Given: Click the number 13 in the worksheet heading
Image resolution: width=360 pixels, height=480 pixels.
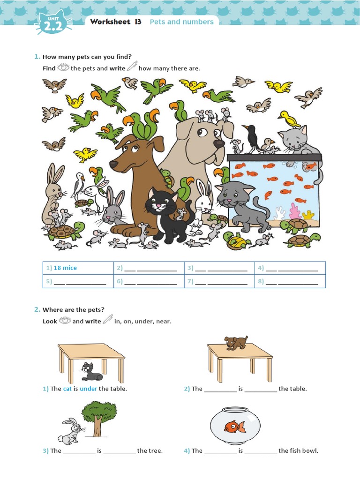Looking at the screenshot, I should tap(137, 22).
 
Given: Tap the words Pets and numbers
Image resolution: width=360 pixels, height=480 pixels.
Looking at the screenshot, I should tap(181, 22).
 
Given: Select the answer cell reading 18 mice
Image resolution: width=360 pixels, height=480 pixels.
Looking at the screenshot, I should tap(78, 268).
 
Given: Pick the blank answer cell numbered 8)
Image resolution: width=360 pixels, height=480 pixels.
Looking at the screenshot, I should tap(290, 281).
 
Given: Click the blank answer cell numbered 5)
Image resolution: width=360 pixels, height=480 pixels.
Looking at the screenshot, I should tap(78, 281).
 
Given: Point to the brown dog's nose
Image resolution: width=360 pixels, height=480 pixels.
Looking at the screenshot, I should tap(113, 164).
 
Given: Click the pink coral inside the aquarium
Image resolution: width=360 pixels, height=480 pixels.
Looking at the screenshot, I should tap(295, 211).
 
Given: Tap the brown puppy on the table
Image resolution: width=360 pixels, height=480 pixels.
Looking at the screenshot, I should tap(237, 343).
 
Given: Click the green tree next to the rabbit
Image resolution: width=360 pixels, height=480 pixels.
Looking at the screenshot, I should tap(99, 415).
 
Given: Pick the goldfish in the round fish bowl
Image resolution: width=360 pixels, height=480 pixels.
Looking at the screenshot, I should tap(234, 426).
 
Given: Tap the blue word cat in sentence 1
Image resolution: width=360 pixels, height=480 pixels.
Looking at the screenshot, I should tap(67, 389).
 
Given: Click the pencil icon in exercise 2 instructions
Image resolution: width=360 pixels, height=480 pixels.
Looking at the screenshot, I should tap(108, 320).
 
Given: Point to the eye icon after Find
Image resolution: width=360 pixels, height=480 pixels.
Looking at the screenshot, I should tap(63, 67).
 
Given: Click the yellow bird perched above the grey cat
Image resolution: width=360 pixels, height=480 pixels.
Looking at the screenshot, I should tap(289, 119).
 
